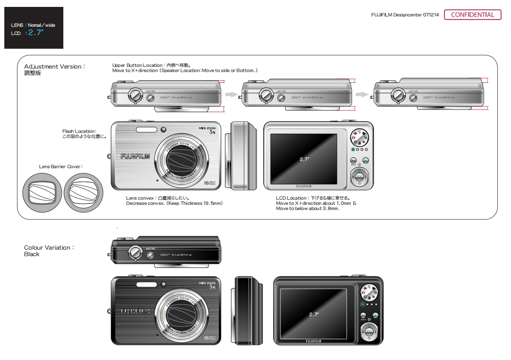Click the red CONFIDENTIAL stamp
pyautogui.click(x=472, y=15)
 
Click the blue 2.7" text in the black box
pyautogui.click(x=36, y=32)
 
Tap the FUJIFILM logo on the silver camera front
pyautogui.click(x=135, y=157)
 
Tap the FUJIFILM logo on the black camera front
pyautogui.click(x=135, y=311)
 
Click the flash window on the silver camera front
pyautogui.click(x=146, y=130)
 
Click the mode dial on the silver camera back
pyautogui.click(x=359, y=138)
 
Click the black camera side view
pyautogui.click(x=249, y=310)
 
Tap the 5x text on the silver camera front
pyautogui.click(x=212, y=132)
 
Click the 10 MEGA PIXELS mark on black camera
pyautogui.click(x=210, y=338)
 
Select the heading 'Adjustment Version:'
pyautogui.click(x=55, y=66)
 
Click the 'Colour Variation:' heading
pyautogui.click(x=49, y=247)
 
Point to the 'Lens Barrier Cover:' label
pyautogui.click(x=61, y=166)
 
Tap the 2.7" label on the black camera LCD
pyautogui.click(x=314, y=314)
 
